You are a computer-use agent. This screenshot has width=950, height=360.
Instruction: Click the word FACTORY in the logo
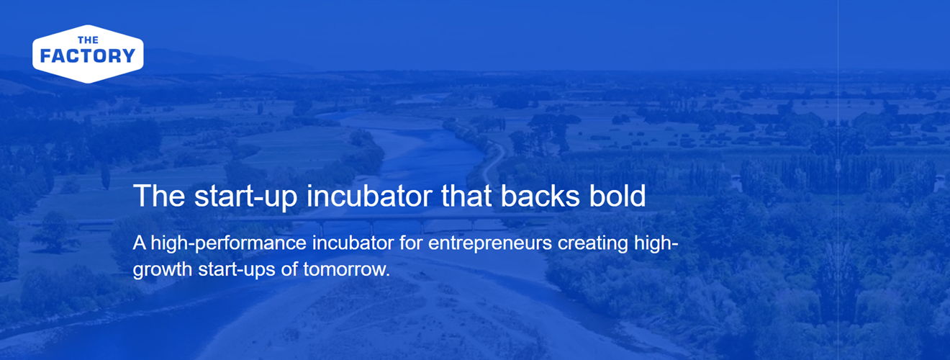coord(88,55)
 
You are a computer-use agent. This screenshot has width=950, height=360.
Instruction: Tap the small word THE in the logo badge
coord(89,40)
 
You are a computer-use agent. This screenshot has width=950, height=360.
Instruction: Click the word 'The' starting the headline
coord(159,196)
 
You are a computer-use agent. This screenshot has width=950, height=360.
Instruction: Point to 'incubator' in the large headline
coord(369,196)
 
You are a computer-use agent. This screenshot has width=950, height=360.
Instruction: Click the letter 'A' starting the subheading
coord(140,243)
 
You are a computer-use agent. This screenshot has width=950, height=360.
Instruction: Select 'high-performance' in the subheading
coord(229,244)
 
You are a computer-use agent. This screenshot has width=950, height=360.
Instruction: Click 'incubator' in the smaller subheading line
coord(353,243)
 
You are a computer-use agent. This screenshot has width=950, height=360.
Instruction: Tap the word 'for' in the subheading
coord(411,243)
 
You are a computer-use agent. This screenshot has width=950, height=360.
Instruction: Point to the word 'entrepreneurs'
coord(490,244)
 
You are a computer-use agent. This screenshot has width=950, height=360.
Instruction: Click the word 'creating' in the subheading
coord(593,244)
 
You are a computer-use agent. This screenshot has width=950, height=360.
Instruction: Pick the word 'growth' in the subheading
coord(163,270)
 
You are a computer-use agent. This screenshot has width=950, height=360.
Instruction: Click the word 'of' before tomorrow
coord(289,269)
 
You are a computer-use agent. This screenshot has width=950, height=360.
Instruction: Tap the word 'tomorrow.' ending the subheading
coord(346,269)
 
